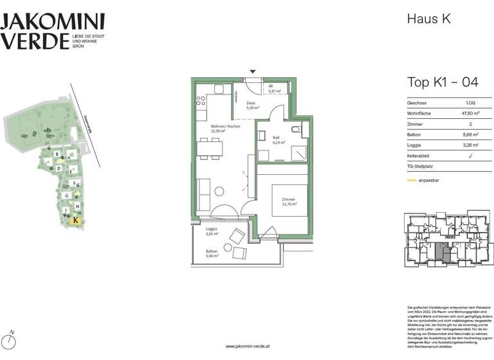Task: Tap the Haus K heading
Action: coord(429,19)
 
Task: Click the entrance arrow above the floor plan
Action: coord(253,71)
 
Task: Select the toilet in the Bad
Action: coord(295,130)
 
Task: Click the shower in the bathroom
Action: coord(297,153)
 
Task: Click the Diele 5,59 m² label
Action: coord(252,105)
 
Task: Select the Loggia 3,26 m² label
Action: coord(212,231)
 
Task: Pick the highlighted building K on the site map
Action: coord(77,220)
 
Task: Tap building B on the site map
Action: coord(59,154)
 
